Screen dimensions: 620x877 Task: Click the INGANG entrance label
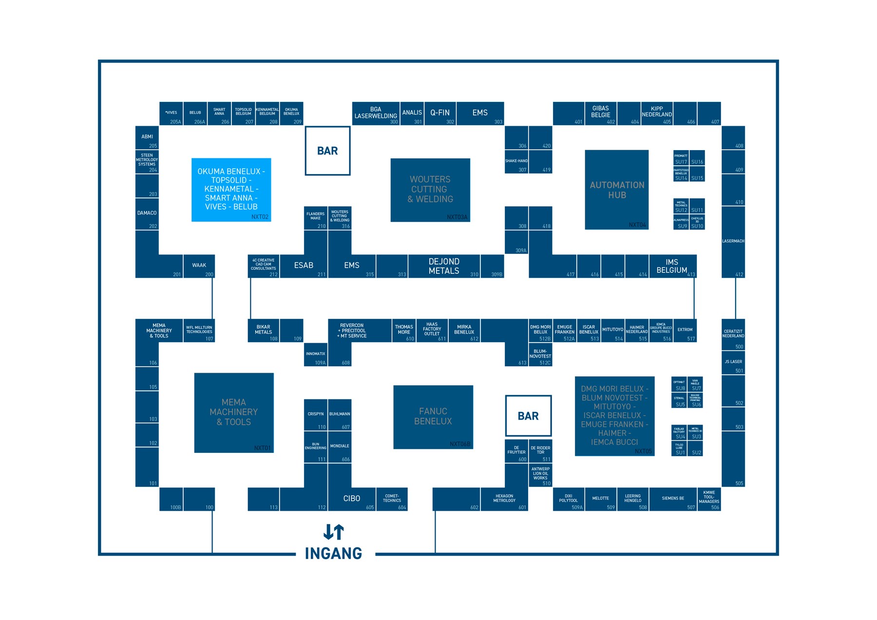coord(334,553)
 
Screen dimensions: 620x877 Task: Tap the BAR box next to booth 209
coord(327,151)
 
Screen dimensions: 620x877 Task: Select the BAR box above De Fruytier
coord(528,416)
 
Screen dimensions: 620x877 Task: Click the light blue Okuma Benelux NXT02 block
coord(231,190)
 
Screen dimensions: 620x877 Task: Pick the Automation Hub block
coord(616,190)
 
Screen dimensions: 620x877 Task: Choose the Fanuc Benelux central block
coord(433,417)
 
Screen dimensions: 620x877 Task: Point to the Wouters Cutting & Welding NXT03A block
coord(430,190)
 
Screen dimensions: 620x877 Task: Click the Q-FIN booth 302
coord(440,114)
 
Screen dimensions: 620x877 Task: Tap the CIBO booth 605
coord(352,499)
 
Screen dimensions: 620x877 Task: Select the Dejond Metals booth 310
coord(444,266)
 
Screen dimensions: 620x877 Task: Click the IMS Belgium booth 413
coord(672,266)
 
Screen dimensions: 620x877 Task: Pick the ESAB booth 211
coord(304,266)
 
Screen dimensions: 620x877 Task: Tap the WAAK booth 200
coord(199,266)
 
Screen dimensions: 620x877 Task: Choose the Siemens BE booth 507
coord(673,499)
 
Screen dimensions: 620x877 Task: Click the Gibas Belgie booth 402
coord(600,114)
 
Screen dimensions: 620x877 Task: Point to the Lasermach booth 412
coord(733,242)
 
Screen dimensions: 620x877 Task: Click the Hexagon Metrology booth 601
coord(504,499)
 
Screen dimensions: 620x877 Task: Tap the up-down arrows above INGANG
coord(334,532)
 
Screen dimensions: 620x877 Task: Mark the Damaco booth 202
coord(147,214)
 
